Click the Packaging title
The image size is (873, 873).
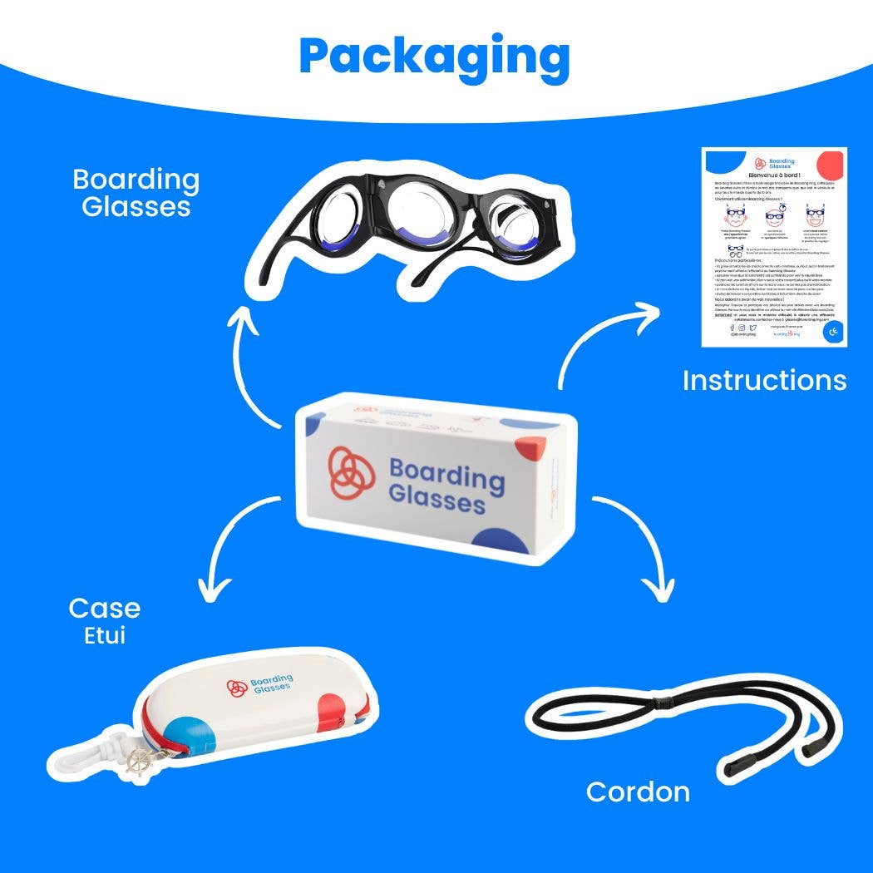434,56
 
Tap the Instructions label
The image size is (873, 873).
764,380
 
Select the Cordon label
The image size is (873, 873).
638,792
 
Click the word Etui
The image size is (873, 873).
104,637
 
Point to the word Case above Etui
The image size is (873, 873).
104,609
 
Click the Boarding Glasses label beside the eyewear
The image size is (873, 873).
136,192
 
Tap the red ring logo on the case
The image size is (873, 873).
236,688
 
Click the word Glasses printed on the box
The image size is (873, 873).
436,501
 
